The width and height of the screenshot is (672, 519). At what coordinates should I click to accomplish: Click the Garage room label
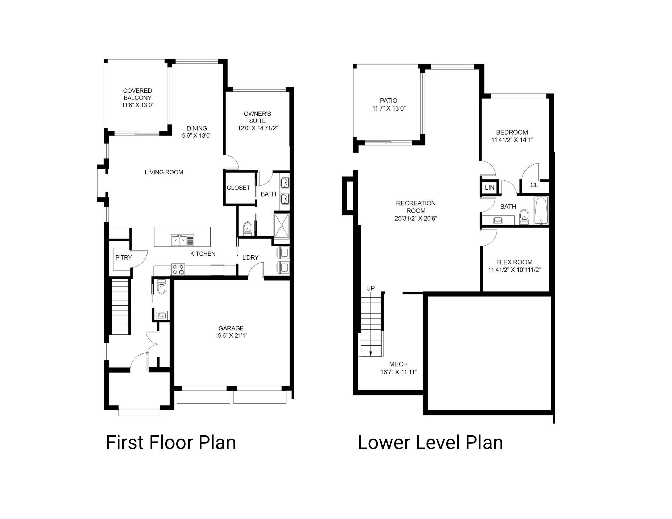point(231,328)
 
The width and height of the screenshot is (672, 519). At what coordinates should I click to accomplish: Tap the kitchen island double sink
point(179,241)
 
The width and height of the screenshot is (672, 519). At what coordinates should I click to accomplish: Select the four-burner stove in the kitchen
point(178,269)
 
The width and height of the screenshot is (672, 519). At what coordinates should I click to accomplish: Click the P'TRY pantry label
point(123,258)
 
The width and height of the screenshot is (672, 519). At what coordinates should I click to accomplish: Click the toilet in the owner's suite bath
point(248,227)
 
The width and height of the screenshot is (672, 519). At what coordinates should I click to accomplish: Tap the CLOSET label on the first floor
point(238,188)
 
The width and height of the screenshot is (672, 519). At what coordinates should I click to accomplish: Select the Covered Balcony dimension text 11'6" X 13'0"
point(137,105)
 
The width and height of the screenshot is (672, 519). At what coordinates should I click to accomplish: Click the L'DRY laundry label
point(250,258)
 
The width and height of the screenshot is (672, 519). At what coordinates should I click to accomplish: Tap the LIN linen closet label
point(489,187)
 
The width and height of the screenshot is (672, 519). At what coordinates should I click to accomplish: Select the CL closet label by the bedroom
point(534,185)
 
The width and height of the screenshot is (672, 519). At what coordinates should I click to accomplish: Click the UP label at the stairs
point(370,288)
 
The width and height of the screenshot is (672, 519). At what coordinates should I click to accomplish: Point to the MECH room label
point(398,364)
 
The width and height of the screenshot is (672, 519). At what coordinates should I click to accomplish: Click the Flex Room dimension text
point(514,270)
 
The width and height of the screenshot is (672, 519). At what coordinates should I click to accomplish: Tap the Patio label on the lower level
point(388,101)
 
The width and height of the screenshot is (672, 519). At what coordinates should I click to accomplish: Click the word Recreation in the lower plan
point(416,203)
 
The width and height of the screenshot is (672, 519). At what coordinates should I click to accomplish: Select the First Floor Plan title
point(171,442)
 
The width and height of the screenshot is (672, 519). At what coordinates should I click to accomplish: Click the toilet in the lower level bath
point(524,217)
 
